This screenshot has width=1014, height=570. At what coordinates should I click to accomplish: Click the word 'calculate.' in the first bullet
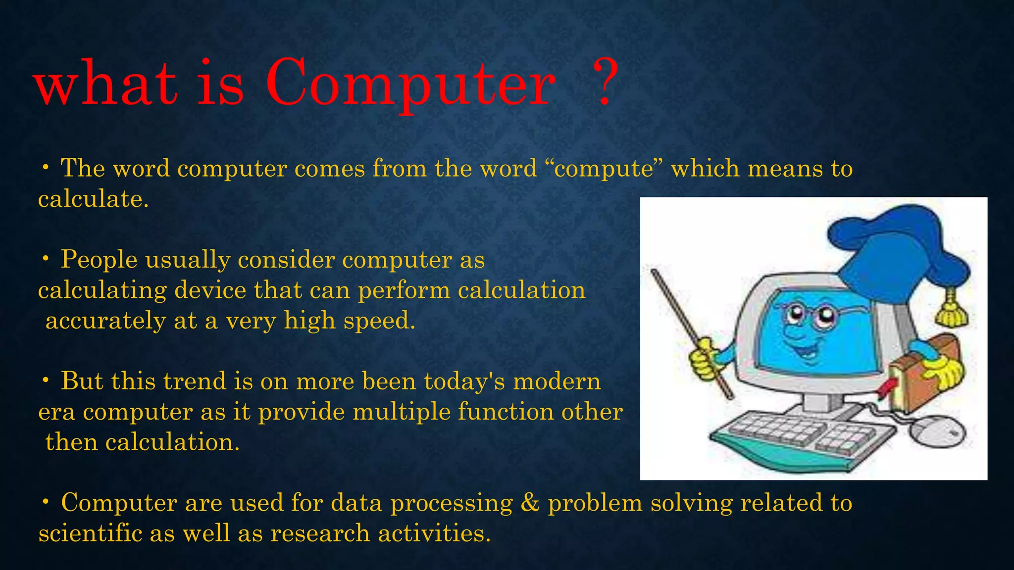click(93, 199)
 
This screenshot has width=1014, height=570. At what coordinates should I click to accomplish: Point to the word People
click(99, 260)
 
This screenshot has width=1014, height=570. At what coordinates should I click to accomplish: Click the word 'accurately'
click(105, 321)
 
